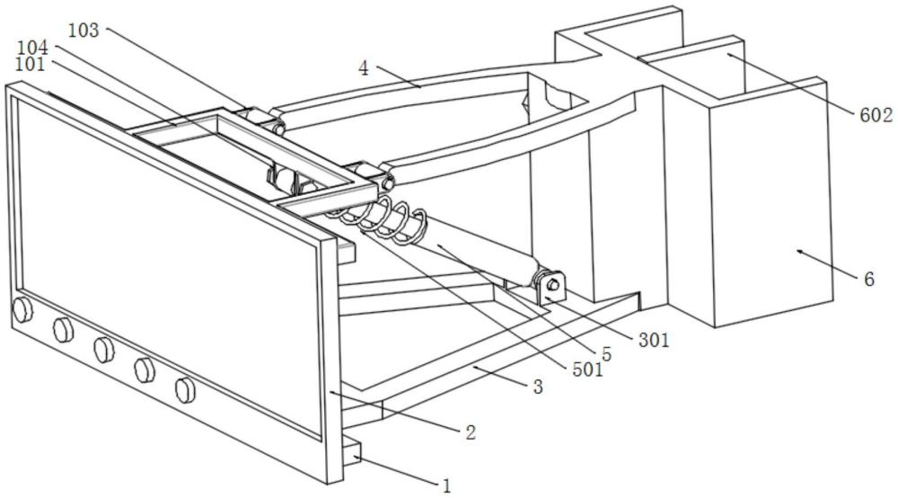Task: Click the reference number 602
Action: [x=876, y=114]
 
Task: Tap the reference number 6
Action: [x=868, y=280]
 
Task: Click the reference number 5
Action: [x=607, y=354]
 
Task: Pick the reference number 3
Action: [x=538, y=387]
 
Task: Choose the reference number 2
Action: [x=469, y=432]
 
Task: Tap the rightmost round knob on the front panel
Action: [x=185, y=388]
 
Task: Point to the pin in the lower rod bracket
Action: [x=553, y=286]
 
